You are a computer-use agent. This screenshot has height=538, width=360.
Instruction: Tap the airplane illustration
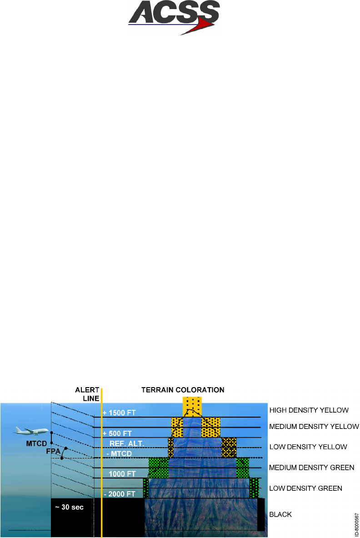pos(31,430)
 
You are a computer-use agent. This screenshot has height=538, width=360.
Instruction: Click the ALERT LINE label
pos(87,394)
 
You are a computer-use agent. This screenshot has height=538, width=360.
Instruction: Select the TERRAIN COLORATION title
pos(183,390)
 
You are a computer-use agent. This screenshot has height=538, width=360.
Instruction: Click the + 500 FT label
pos(118,433)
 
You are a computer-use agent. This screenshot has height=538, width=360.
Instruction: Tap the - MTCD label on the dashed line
pos(119,453)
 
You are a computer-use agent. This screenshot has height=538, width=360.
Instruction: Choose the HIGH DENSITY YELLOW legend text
pos(309,410)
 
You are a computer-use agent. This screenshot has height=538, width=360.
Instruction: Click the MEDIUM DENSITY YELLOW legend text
pos(314,427)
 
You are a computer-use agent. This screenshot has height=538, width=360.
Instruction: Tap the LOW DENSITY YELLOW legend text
pos(308,447)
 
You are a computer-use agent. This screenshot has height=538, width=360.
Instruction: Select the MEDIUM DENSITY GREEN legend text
pos(312,467)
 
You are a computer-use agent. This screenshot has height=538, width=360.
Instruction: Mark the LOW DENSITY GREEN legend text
pos(306,488)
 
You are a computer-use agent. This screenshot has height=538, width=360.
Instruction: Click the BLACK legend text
pos(281,515)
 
